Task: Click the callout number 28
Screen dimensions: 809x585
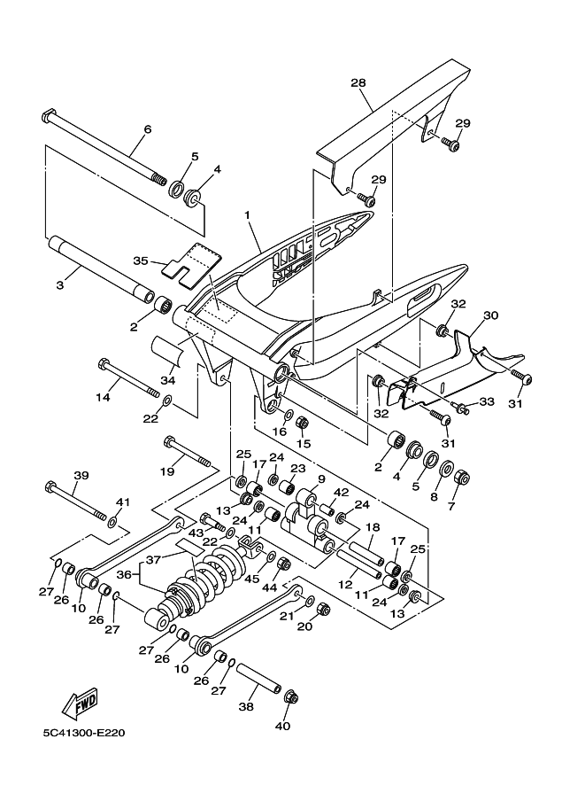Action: [358, 83]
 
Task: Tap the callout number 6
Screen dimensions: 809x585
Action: [148, 129]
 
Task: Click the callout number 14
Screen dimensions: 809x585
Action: [104, 398]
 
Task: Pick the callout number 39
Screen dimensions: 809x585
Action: [81, 476]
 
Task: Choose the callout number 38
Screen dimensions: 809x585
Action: [246, 708]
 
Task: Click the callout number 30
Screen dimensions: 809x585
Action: [490, 315]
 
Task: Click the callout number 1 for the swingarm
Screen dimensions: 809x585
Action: [248, 214]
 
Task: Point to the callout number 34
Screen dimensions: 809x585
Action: [166, 380]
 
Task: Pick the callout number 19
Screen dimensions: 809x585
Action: [167, 472]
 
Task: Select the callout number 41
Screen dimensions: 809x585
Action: [123, 502]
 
